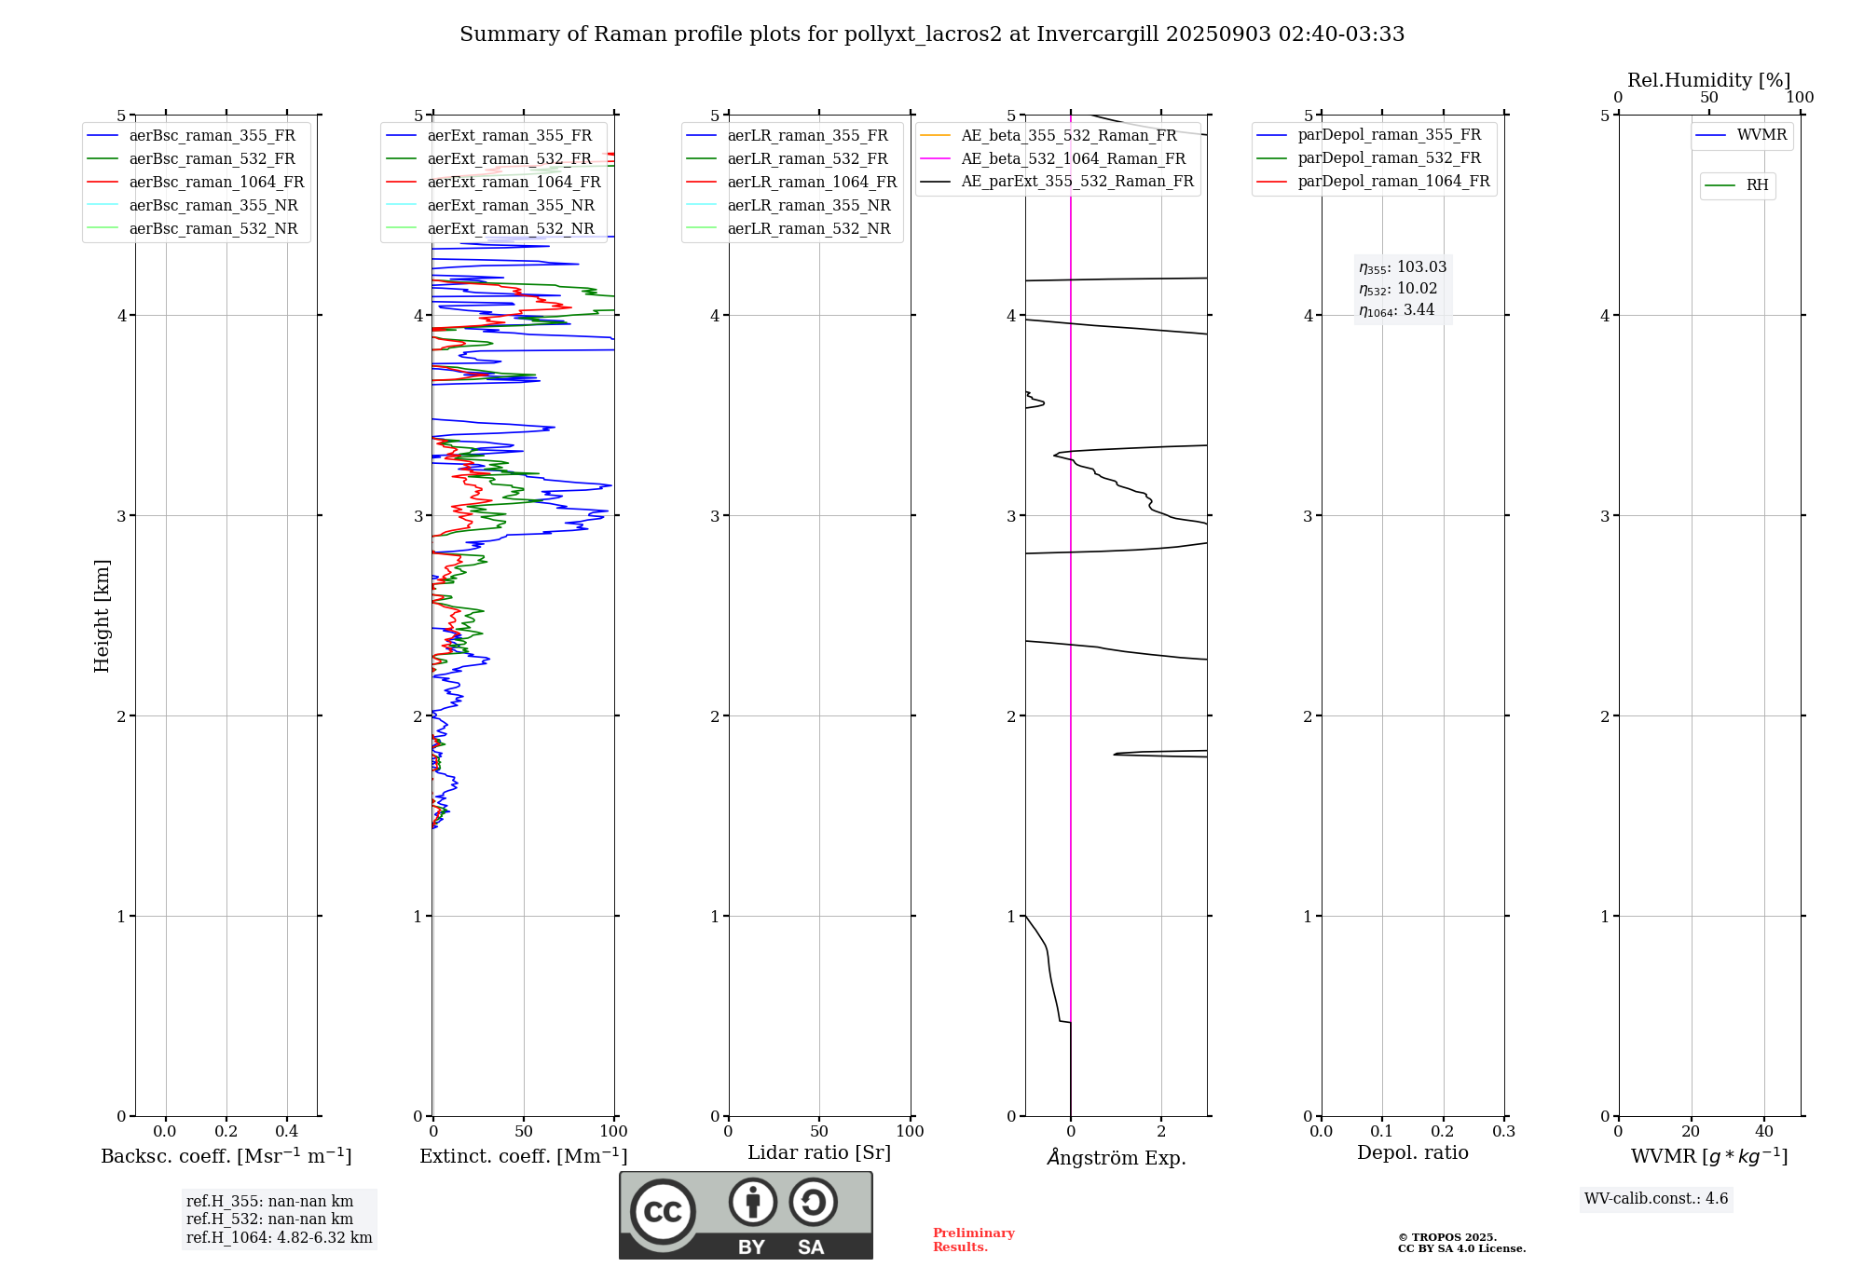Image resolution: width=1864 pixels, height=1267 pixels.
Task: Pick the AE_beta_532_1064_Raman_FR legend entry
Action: [1073, 159]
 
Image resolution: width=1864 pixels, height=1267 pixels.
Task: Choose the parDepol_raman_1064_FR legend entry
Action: [1393, 182]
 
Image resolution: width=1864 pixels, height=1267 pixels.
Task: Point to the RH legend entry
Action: [1757, 185]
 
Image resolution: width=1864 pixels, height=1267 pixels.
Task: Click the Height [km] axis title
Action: [102, 616]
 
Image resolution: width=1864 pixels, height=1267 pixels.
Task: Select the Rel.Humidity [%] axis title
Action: [1708, 80]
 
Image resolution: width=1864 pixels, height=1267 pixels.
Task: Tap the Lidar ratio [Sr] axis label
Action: [819, 1153]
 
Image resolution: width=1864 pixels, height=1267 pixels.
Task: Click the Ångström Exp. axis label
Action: [1116, 1158]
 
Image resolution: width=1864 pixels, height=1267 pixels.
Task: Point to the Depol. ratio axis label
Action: [1412, 1153]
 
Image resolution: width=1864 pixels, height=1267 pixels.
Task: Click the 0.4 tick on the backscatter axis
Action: [287, 1132]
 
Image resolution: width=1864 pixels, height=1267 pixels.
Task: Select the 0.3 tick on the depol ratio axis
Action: [1503, 1132]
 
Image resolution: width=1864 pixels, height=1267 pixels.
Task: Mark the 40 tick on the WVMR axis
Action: [1764, 1132]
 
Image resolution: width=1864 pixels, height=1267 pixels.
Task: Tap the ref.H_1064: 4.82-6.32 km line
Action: [279, 1238]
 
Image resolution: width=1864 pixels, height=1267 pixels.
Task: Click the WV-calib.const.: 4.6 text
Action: [1656, 1199]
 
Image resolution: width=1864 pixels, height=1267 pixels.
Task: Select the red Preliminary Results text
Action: [973, 1240]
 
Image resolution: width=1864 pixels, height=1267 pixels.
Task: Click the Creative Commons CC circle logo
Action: [663, 1212]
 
